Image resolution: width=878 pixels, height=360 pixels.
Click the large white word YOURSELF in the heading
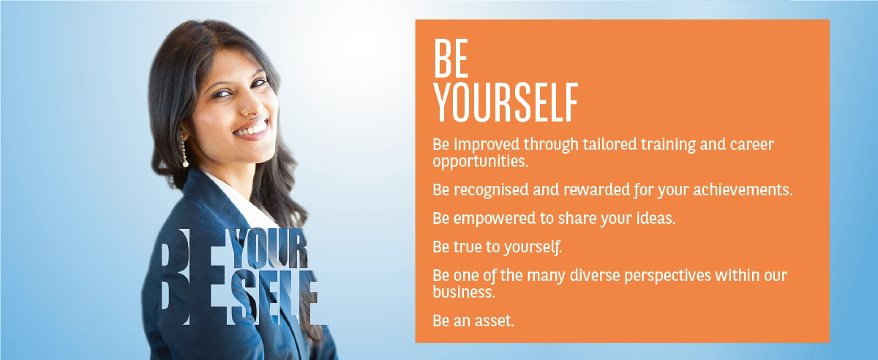(x=506, y=102)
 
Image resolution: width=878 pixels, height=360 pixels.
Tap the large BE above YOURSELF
(x=451, y=59)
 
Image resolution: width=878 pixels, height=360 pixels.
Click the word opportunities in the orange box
(x=481, y=162)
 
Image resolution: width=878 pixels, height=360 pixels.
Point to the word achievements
(x=743, y=190)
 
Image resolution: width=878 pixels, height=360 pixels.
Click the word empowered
(x=495, y=219)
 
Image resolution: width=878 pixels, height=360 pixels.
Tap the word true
(x=468, y=247)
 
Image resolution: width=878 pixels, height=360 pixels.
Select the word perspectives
(x=667, y=276)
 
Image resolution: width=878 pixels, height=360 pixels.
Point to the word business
(x=464, y=292)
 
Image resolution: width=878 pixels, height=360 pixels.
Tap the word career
(x=752, y=145)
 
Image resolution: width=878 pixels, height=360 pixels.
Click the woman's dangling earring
(x=184, y=151)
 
